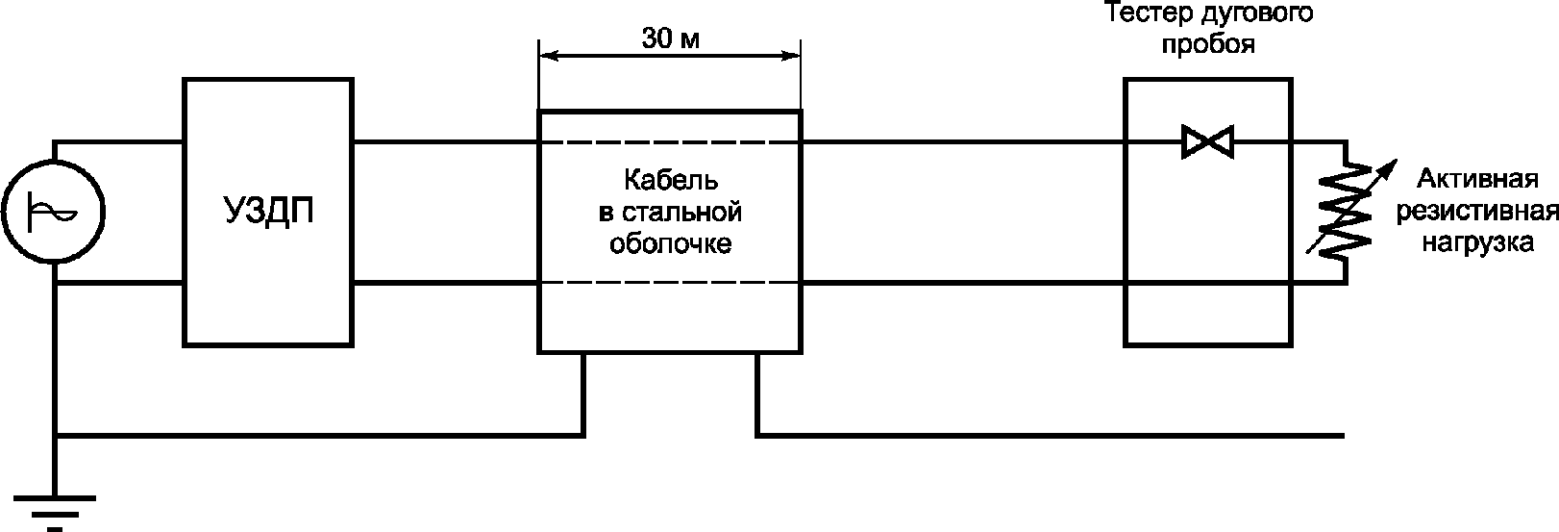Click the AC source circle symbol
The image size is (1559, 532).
(54, 213)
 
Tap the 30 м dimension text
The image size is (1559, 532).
(670, 39)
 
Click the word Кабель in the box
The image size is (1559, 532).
(670, 180)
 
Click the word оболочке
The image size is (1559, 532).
(670, 243)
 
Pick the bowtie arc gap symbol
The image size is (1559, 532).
(1207, 142)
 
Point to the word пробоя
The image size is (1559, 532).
(1208, 45)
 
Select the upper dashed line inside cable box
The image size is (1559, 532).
(670, 142)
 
